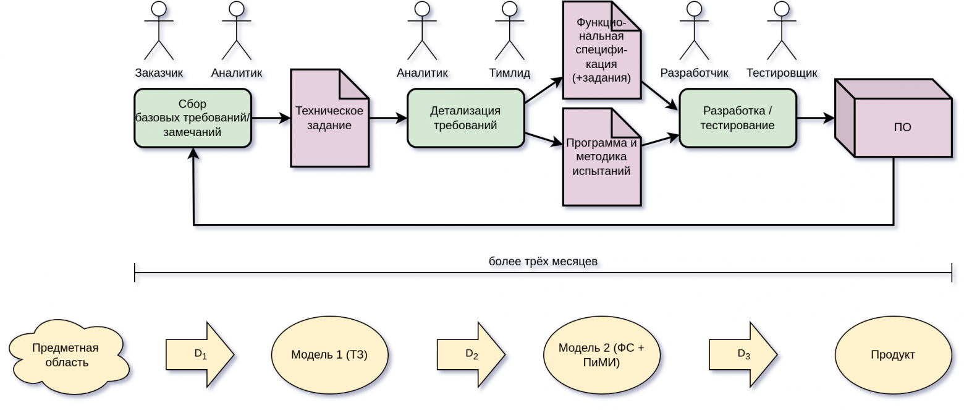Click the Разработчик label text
(694, 73)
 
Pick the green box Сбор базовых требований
(193, 118)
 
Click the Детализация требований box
(465, 118)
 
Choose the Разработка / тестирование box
(737, 118)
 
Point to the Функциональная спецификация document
(601, 50)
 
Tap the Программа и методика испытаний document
(601, 157)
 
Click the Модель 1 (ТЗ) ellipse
(329, 355)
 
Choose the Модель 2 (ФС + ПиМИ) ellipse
(601, 355)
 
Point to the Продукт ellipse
(893, 355)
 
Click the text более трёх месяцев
(543, 261)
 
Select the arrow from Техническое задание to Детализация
(388, 118)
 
